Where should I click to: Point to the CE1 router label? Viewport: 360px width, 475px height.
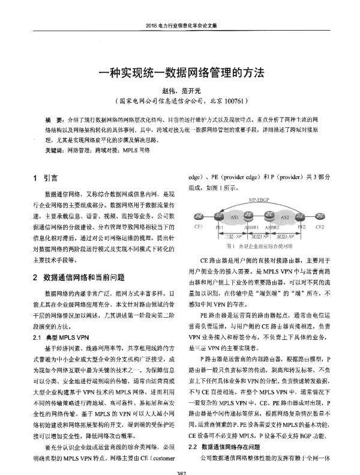point(197,228)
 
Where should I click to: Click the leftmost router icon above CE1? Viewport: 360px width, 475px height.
point(199,217)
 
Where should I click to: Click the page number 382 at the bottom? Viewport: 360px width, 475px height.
point(180,471)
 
